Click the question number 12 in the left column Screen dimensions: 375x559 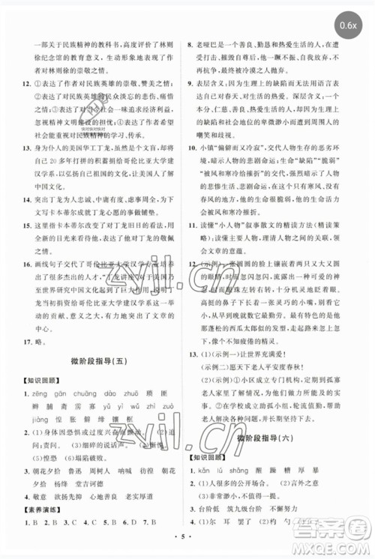pos(25,84)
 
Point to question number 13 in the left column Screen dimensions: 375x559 pos(25,148)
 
